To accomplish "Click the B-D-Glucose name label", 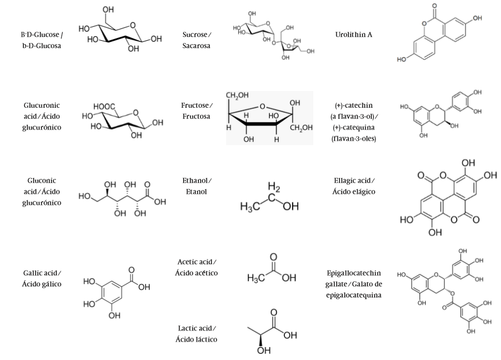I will [x=41, y=40].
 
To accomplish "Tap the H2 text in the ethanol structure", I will [x=274, y=186].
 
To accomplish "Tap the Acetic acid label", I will [x=197, y=267].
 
